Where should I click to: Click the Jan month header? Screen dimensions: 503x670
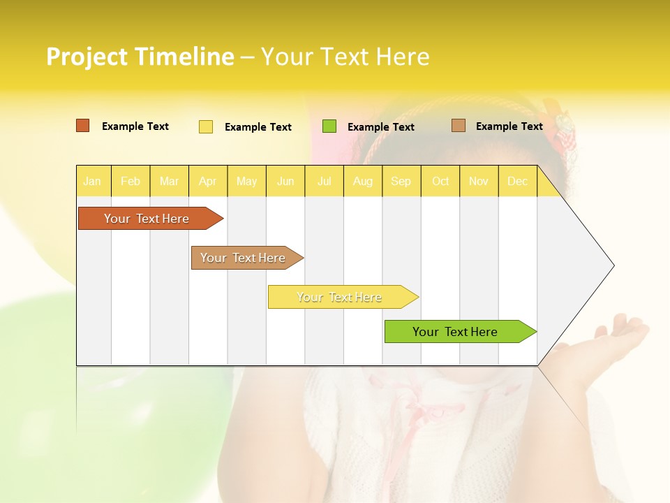click(x=93, y=181)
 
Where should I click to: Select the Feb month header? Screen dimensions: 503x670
click(x=131, y=181)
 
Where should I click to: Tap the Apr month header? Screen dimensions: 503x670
click(x=208, y=181)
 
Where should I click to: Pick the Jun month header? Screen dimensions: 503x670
click(x=285, y=181)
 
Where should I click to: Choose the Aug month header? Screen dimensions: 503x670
click(x=363, y=181)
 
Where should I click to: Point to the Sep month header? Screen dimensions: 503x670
click(x=401, y=181)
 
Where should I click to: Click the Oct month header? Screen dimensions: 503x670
click(x=440, y=181)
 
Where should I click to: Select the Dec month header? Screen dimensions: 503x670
click(x=518, y=181)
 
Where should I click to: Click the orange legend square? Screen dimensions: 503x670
click(x=82, y=126)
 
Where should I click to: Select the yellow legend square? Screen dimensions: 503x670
click(x=206, y=126)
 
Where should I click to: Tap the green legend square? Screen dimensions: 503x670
click(x=329, y=126)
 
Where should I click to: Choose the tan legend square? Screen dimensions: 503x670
click(x=458, y=126)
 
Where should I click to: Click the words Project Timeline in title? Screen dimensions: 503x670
click(x=140, y=57)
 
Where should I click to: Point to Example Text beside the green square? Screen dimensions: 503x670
click(x=381, y=127)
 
